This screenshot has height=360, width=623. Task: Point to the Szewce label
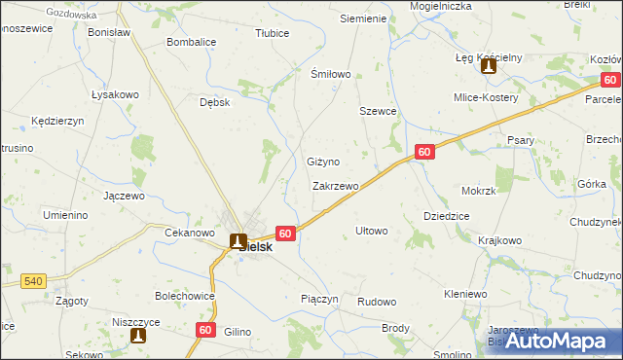tap(378, 111)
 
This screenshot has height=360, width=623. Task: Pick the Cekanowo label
tap(190, 233)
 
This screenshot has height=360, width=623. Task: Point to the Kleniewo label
tap(465, 293)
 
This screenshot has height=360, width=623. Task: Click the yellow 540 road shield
tap(33, 281)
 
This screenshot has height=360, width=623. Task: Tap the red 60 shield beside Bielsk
tap(285, 234)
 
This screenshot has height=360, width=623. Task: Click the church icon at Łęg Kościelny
tap(489, 67)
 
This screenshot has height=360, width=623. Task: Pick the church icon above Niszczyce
tap(138, 336)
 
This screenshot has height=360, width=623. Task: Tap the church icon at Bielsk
tap(237, 239)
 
